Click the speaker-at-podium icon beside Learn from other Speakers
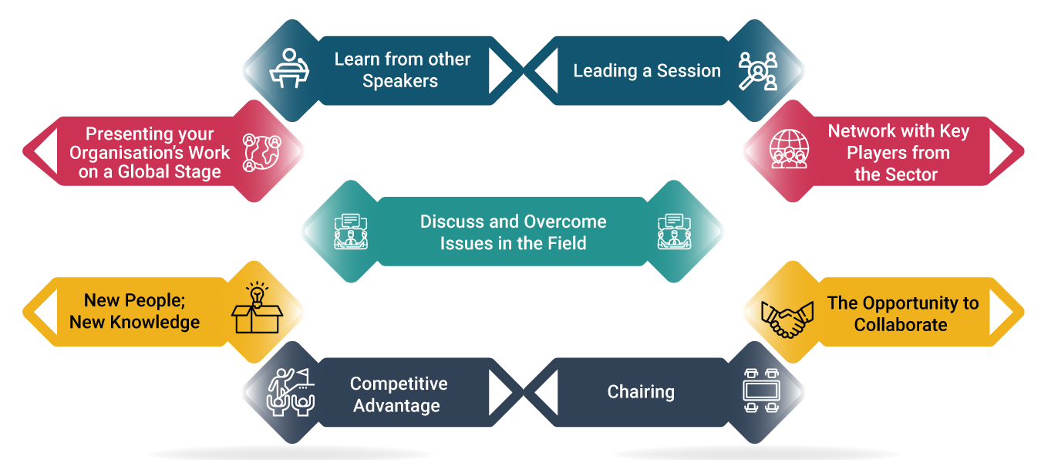coord(289,69)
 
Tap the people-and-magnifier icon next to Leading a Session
coord(758,71)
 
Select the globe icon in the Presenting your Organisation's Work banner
coord(262,153)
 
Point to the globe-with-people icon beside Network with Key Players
coord(789,149)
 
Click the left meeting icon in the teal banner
coord(351,232)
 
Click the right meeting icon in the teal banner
coord(674,232)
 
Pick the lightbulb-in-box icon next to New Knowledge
coord(257,307)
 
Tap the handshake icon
coord(787,319)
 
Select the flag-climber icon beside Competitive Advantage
coord(291,392)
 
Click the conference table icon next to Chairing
coord(762,391)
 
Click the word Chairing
coord(641,392)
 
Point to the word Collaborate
coord(900,325)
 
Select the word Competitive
coord(399,384)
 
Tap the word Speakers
coord(400,81)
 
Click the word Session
coord(689,71)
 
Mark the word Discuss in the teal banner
coord(452,222)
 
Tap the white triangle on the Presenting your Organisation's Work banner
coord(45,151)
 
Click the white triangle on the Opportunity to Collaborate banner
coord(1002,312)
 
